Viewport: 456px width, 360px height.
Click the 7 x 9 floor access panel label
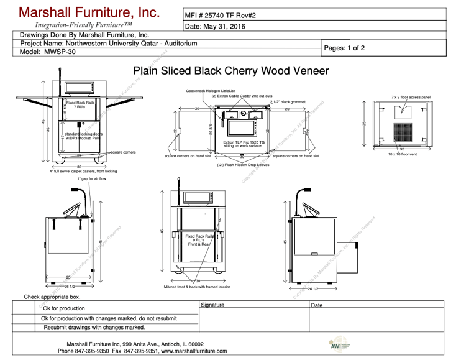point(415,97)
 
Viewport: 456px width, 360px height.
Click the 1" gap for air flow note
point(92,178)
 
